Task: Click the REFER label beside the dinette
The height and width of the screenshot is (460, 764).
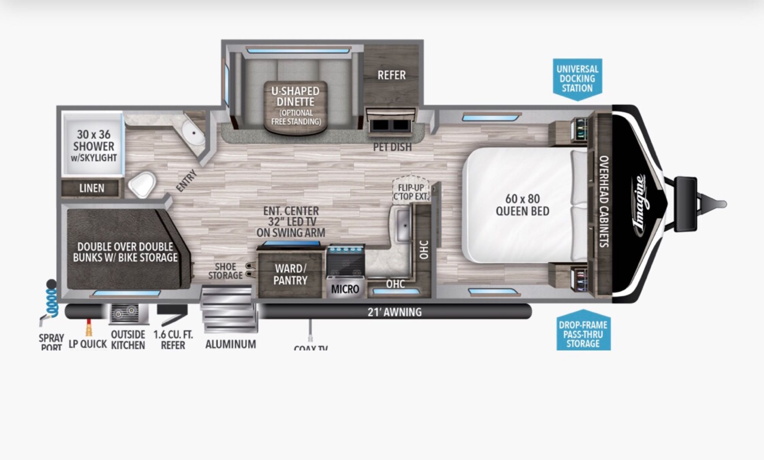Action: [392, 75]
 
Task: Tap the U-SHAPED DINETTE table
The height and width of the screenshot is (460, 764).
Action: [296, 106]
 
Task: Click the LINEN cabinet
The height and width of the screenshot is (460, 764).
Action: [92, 188]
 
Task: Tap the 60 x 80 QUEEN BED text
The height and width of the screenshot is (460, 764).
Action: [522, 205]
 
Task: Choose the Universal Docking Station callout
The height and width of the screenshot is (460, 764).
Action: [577, 79]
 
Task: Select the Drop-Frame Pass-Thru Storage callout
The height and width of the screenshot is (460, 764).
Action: [583, 334]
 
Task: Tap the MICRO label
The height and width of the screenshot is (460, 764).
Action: [345, 289]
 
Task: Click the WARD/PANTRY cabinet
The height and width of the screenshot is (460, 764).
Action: [290, 275]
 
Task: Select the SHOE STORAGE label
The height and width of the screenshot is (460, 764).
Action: [225, 271]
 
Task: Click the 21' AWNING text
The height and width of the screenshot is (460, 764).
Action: [395, 312]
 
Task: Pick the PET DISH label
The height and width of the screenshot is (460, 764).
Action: [392, 147]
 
